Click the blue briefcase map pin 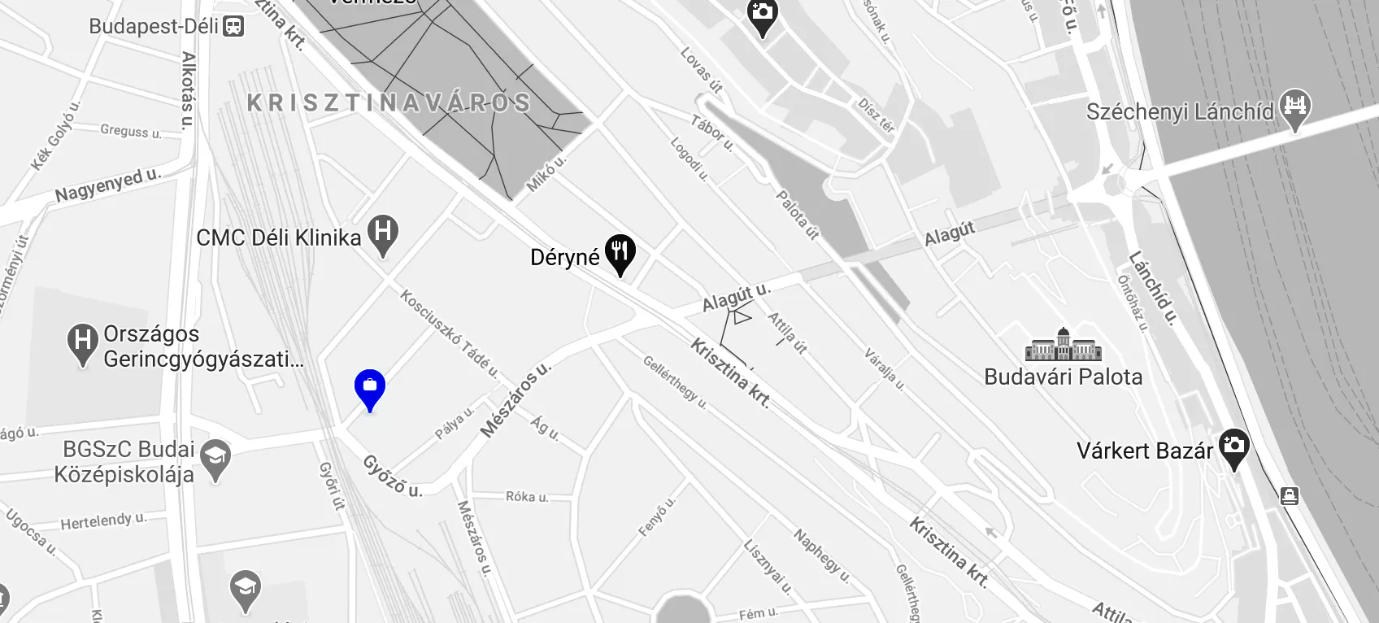pos(370,388)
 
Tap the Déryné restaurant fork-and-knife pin pos(620,253)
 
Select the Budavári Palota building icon pos(1063,346)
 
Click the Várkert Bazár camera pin pos(1233,447)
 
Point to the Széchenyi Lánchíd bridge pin pos(1295,108)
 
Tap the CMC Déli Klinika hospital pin pos(383,234)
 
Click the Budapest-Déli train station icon pos(234,27)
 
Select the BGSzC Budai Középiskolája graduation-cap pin pos(215,459)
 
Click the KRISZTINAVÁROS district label pos(389,102)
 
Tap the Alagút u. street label pos(736,296)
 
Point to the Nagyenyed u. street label pos(107,185)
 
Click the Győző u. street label pos(392,476)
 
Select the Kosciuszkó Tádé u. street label pos(448,333)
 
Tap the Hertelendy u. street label pos(103,521)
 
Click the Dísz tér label pos(876,115)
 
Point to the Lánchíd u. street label pos(1152,288)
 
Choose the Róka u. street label pos(526,496)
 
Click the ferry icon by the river pos(1290,495)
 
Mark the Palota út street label pos(797,215)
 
